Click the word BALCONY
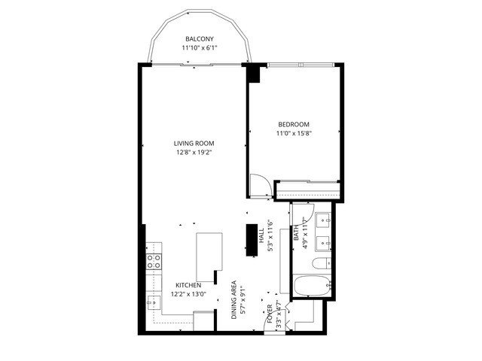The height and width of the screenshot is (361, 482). tap(200, 39)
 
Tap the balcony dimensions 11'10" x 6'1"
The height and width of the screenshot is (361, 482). tap(200, 48)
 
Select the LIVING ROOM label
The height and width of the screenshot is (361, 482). tap(194, 144)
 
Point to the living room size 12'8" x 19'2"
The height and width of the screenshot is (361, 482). tap(194, 153)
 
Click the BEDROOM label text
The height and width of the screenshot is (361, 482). tap(294, 125)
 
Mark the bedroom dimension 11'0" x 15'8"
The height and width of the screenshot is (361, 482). tap(294, 134)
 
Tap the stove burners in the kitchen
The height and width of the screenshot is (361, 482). tap(154, 262)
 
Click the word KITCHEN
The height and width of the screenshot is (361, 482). tap(188, 286)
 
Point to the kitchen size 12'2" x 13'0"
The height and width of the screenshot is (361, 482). tap(188, 295)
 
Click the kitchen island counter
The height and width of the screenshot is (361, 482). tap(209, 255)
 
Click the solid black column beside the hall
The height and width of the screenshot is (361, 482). tap(250, 238)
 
